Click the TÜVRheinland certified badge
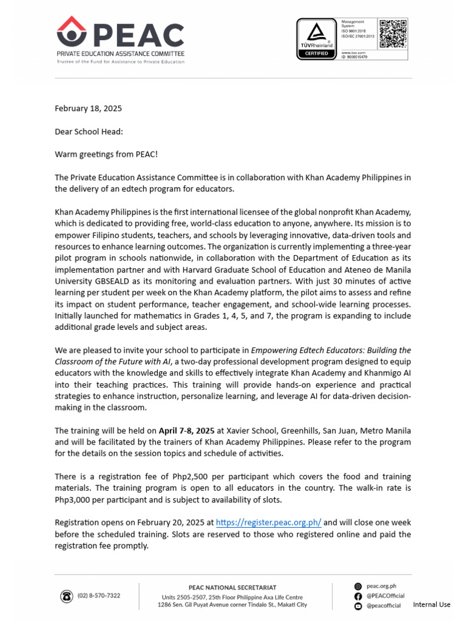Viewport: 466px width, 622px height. pos(316,39)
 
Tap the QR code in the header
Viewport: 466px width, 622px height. pos(393,33)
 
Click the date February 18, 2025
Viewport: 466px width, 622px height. pos(88,109)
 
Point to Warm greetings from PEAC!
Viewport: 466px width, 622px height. pos(106,154)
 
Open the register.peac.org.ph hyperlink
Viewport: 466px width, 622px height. pos(268,522)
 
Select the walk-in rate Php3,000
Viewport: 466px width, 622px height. pos(76,500)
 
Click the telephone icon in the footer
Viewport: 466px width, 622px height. pos(66,596)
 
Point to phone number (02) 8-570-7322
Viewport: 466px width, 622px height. pos(99,596)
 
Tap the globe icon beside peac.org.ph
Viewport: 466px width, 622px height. pos(358,586)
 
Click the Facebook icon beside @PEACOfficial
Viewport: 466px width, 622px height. pos(358,596)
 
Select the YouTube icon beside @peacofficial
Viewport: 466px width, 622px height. pos(358,606)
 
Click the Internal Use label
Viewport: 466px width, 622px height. pos(431,605)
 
